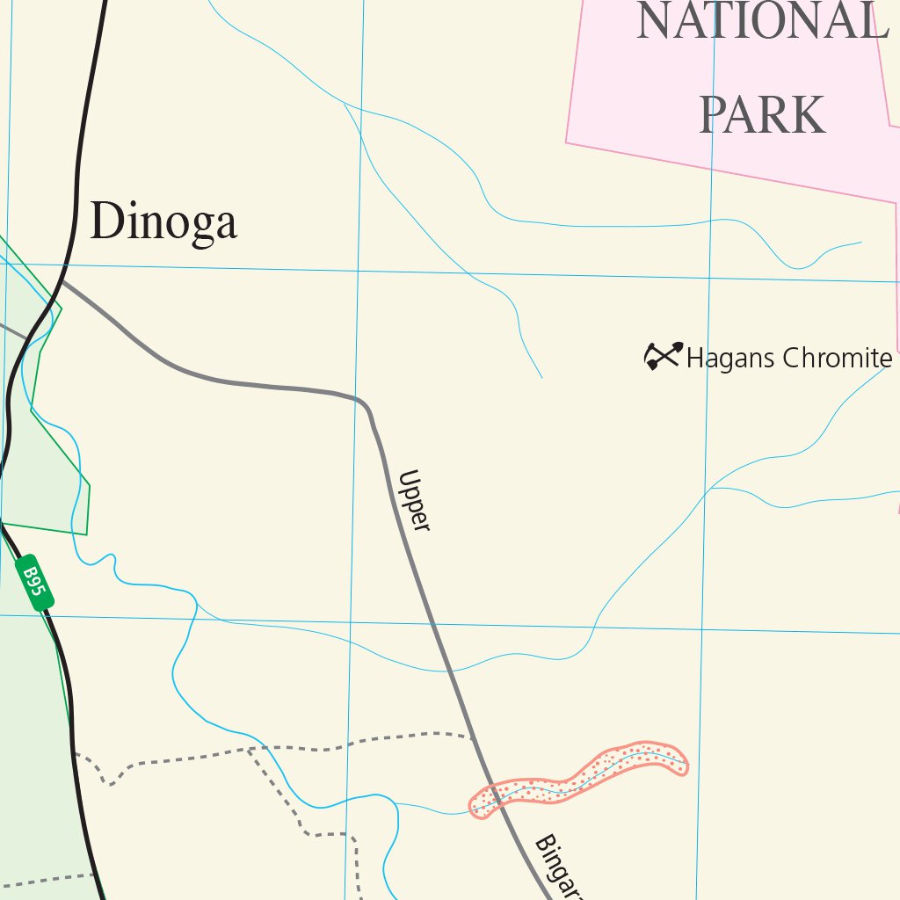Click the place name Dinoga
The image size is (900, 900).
[163, 221]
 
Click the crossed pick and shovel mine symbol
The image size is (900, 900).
[663, 356]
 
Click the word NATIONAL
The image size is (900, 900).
[761, 21]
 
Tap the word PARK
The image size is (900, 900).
[762, 114]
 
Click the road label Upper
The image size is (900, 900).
[414, 501]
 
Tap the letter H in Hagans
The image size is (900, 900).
[696, 359]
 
